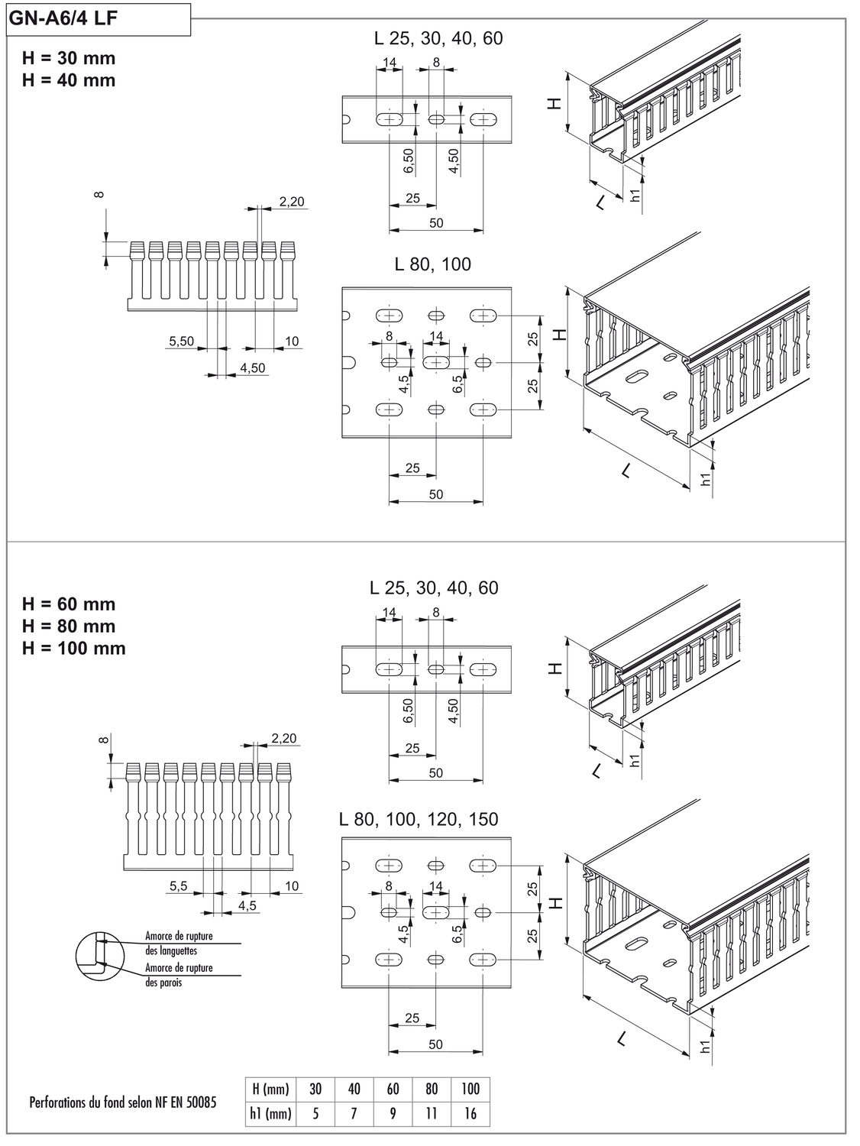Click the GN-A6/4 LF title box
point(98,19)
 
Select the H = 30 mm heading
point(69,58)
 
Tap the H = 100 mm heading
point(74,648)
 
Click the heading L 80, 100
point(432,264)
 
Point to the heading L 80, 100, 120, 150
point(419,819)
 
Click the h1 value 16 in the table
point(470,1114)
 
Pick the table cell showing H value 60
point(393,1089)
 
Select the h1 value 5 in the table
point(315,1114)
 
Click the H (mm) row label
point(270,1089)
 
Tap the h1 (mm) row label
point(270,1114)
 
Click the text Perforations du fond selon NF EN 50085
point(122,1102)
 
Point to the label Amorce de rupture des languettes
point(178,943)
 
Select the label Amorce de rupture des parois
point(178,975)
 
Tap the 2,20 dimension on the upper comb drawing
point(291,202)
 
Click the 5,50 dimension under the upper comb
point(182,341)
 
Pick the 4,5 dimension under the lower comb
point(247,905)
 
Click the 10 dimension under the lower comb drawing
point(292,886)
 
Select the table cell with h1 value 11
point(432,1114)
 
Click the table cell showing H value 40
point(354,1089)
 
